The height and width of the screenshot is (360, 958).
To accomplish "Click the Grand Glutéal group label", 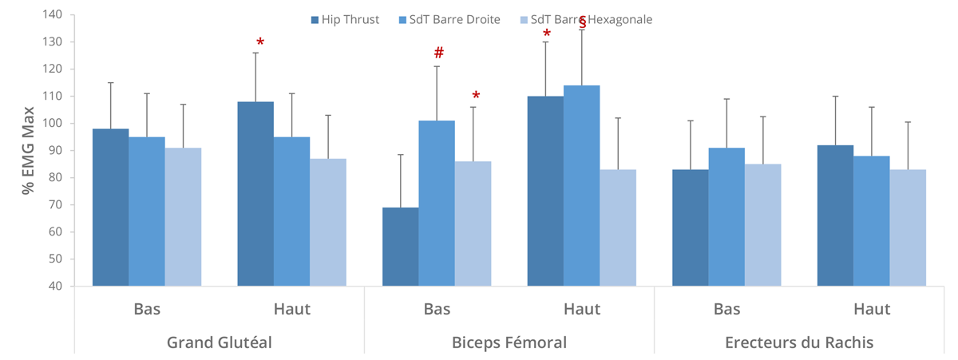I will click(x=219, y=342).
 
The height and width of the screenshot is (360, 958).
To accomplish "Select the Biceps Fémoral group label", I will click(x=509, y=342).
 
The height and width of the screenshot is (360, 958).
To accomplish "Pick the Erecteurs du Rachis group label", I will click(x=798, y=342).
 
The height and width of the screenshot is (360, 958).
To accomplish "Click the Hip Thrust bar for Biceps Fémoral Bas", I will click(x=401, y=247).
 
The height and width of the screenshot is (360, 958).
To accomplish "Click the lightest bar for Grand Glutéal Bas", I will click(x=183, y=217).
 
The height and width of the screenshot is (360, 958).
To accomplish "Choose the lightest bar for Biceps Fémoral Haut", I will click(x=618, y=227).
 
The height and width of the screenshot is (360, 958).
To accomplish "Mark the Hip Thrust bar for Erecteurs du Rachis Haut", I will click(x=835, y=216).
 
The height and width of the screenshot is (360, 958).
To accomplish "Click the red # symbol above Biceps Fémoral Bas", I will click(x=438, y=53).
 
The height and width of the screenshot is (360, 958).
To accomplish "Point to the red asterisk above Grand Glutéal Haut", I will click(x=259, y=42).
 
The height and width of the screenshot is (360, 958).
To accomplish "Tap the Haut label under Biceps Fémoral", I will click(x=581, y=309).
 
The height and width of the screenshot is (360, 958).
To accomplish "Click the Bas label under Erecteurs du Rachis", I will click(x=726, y=309).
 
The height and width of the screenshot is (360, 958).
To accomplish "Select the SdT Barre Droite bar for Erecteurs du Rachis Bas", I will click(x=726, y=217).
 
